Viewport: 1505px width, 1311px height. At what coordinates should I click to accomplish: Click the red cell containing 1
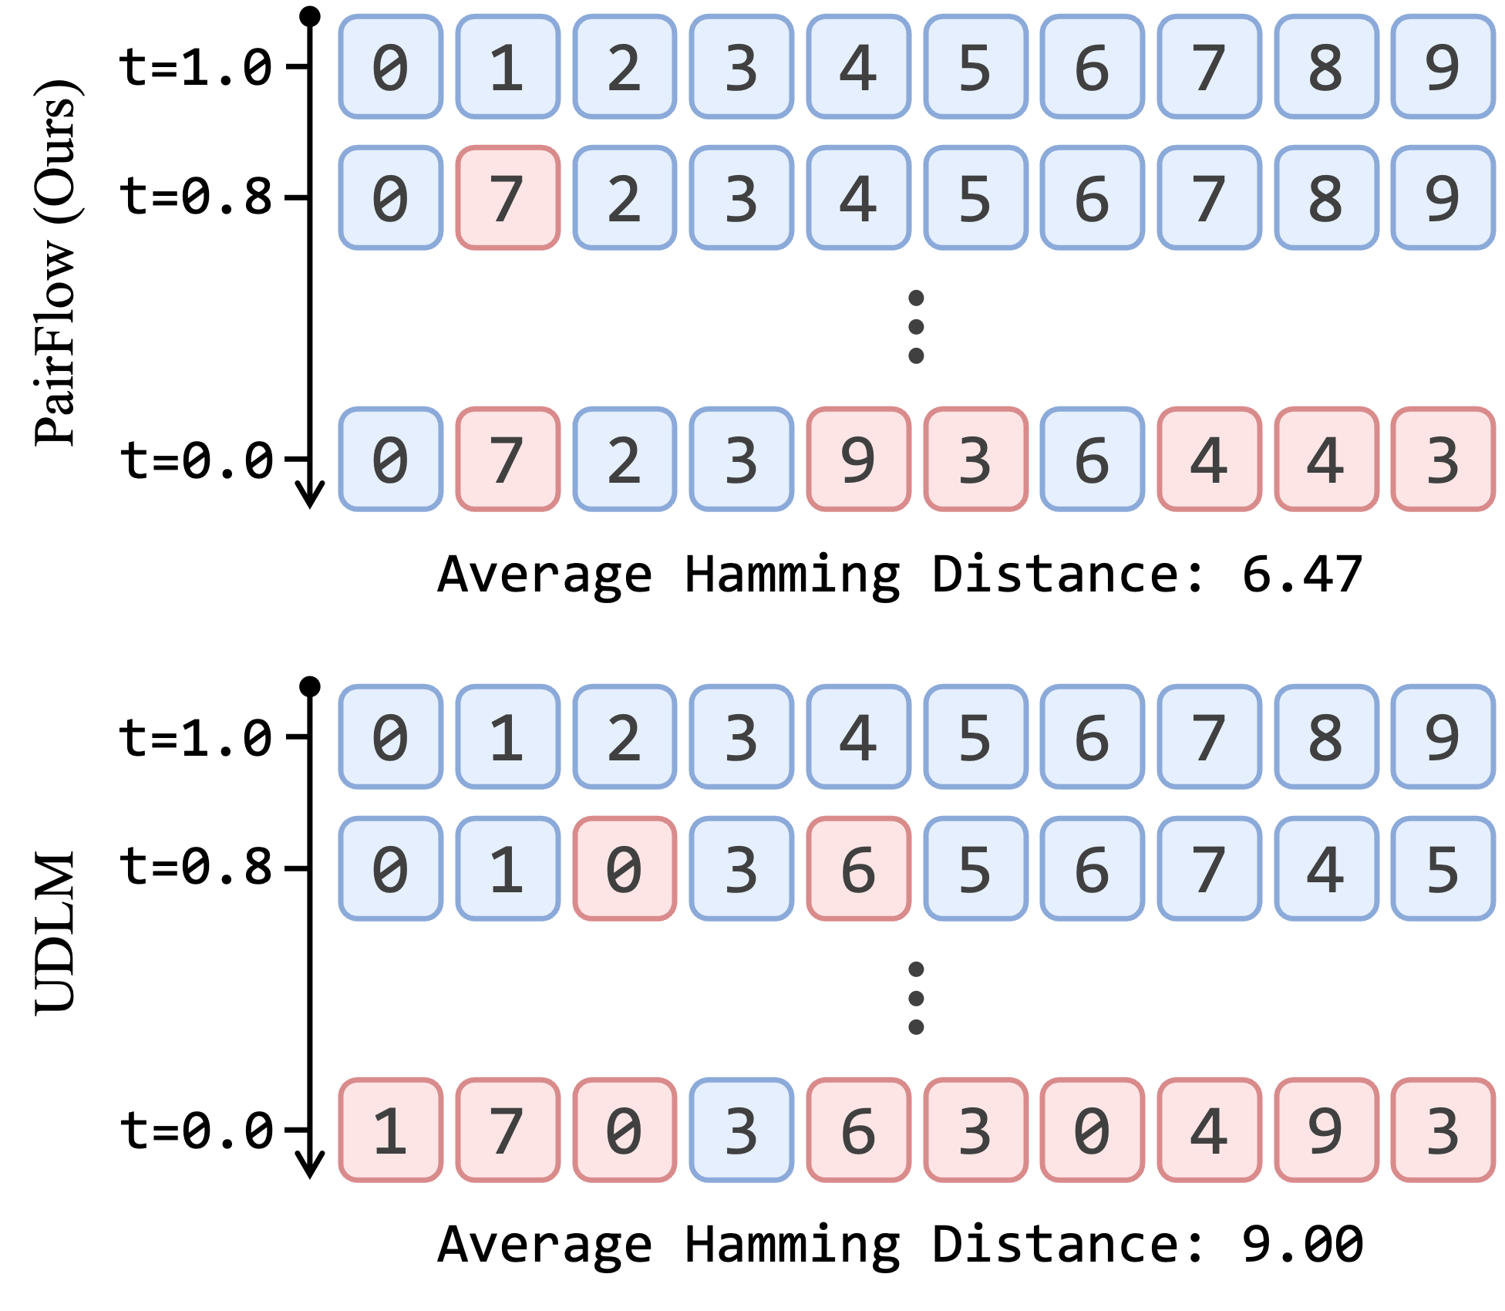[x=391, y=1130]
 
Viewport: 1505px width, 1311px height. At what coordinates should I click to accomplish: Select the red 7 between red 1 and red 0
[x=508, y=1130]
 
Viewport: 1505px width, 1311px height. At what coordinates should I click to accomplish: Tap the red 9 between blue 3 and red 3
[x=859, y=459]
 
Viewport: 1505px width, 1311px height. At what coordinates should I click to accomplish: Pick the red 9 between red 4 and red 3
[x=1326, y=1130]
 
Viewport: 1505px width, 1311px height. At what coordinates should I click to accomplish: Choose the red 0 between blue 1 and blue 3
[x=625, y=868]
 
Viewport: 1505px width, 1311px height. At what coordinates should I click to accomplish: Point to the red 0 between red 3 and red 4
[x=1093, y=1130]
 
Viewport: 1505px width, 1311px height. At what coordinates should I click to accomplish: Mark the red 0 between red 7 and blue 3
[x=625, y=1130]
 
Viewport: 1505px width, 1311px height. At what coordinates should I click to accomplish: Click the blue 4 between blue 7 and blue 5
[x=1326, y=868]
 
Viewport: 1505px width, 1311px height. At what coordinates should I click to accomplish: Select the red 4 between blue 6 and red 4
[x=1210, y=459]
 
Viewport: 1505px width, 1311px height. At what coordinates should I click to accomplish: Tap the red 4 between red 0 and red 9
[x=1210, y=1130]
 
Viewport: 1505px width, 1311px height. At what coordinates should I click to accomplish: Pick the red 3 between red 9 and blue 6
[x=975, y=459]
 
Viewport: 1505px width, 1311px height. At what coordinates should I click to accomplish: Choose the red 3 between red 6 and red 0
[x=975, y=1130]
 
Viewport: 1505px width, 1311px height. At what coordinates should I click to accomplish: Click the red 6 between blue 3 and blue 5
[x=859, y=868]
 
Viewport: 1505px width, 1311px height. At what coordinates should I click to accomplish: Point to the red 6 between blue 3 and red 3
[x=859, y=1130]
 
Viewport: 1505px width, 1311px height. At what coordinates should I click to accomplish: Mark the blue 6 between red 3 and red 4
[x=1093, y=459]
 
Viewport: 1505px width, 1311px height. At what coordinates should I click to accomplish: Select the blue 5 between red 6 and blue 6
[x=975, y=868]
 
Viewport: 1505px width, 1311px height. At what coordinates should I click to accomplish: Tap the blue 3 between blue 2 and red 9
[x=742, y=459]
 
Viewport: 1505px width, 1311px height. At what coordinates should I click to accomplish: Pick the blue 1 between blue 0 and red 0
[x=508, y=868]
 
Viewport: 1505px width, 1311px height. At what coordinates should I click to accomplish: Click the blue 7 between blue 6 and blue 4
[x=1210, y=868]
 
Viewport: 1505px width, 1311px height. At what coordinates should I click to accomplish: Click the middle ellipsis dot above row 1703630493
[x=916, y=999]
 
